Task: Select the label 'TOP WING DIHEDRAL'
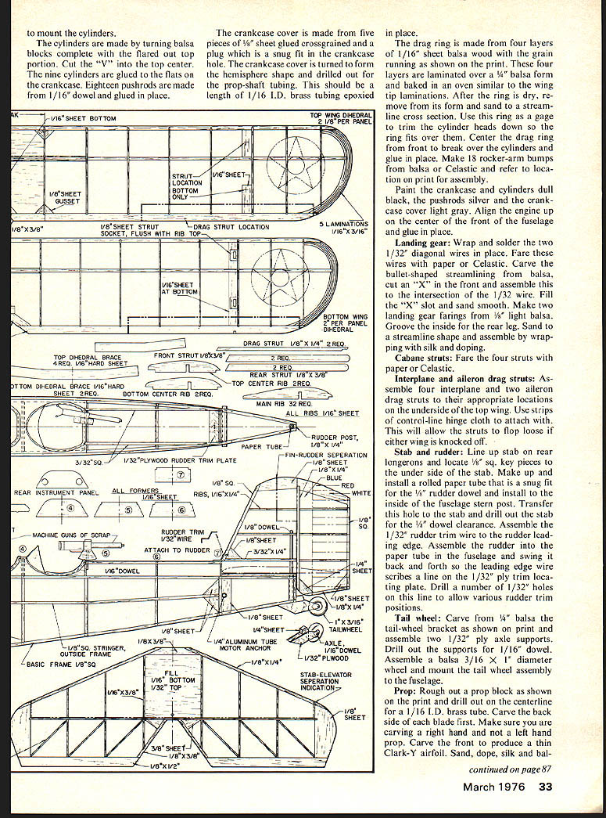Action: pos(341,115)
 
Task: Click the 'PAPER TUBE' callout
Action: pos(261,447)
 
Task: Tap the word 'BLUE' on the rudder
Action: pos(334,477)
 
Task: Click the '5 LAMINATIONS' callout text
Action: pos(345,223)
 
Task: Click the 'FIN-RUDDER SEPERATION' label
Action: pos(326,455)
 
